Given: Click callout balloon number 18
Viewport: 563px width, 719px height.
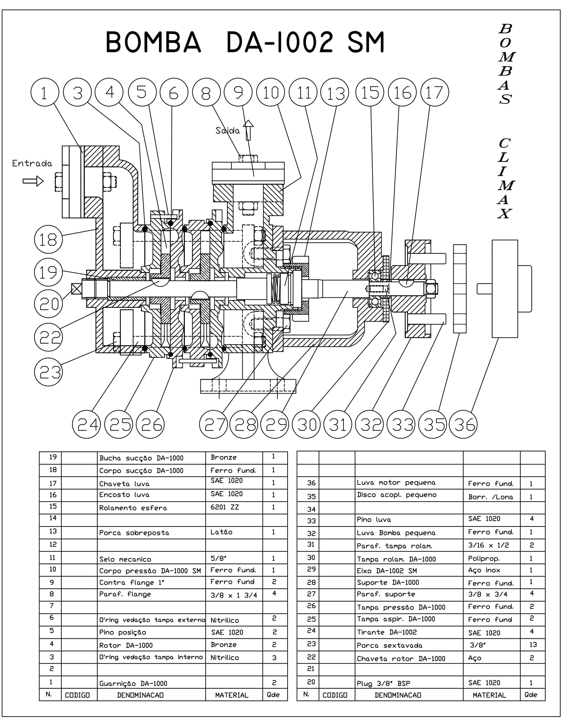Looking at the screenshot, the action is click(x=48, y=239).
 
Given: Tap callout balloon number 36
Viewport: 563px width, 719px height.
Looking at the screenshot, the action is click(x=463, y=424).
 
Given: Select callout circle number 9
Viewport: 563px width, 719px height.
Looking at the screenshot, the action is click(x=238, y=93).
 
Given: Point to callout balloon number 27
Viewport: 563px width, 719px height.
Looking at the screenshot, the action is click(x=213, y=424).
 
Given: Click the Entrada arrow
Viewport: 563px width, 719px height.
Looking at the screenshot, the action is click(x=33, y=181).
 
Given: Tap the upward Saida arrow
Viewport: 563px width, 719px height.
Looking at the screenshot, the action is click(x=248, y=130).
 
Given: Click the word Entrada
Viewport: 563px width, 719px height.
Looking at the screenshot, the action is click(x=32, y=164).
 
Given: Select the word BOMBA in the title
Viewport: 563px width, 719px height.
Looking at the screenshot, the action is click(x=153, y=42).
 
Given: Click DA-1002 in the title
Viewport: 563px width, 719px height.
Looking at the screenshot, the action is click(x=279, y=42).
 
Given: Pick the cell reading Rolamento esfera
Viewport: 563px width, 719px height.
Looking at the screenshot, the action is click(x=133, y=508).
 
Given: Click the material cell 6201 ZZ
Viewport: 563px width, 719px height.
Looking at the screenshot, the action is click(x=225, y=507).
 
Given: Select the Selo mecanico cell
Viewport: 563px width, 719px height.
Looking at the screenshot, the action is click(x=125, y=559).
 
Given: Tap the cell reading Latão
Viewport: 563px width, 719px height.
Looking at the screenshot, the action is click(x=222, y=532).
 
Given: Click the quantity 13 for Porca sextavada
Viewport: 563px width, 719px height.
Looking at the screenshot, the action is click(x=533, y=645).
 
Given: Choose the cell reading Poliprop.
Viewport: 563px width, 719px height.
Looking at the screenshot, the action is click(x=484, y=558).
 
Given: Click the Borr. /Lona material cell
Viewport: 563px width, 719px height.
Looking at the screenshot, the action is click(x=490, y=497).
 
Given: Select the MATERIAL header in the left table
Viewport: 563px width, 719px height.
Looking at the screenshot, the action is click(x=232, y=695).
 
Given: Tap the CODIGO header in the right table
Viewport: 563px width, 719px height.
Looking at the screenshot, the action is click(x=335, y=695).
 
